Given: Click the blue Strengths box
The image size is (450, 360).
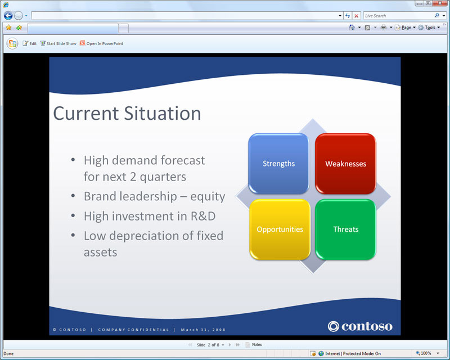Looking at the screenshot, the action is (x=278, y=163).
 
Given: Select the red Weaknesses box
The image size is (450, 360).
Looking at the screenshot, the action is (x=345, y=163).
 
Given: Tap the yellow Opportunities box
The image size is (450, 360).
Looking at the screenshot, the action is (x=280, y=229).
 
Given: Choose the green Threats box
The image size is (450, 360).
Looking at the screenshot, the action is (x=345, y=229).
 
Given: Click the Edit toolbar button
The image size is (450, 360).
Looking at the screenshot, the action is (x=30, y=43).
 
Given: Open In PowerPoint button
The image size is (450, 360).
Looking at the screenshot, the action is (x=101, y=43).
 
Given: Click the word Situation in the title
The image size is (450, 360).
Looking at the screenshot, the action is (x=163, y=113).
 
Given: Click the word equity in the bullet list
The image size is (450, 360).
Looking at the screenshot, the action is (x=208, y=197).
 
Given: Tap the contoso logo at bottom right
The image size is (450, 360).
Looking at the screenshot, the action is (x=360, y=326).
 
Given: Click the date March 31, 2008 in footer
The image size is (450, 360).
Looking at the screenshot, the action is (x=203, y=330).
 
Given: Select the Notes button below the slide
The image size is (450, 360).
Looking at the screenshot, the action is (x=254, y=344).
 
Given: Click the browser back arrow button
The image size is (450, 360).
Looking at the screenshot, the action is (x=8, y=16).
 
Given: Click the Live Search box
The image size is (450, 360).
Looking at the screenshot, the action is (x=399, y=16).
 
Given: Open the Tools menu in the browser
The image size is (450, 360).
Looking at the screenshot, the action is (x=429, y=27).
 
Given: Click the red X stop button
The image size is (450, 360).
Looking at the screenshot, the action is (x=357, y=16).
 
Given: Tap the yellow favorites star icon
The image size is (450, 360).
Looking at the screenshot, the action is (x=8, y=27).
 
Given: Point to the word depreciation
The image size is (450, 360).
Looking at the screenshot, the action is (x=151, y=236).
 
